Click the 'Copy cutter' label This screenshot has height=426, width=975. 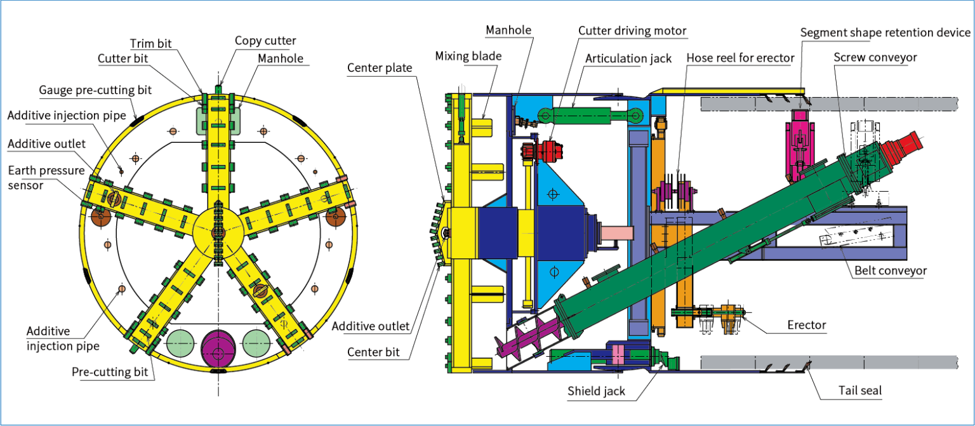(265, 41)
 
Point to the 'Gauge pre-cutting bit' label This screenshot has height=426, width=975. (95, 90)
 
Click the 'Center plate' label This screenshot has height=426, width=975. (380, 68)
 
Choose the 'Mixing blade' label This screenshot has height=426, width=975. (468, 56)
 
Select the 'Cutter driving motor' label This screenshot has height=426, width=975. (632, 30)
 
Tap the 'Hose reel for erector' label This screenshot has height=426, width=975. (740, 58)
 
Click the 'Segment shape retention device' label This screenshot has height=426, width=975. (885, 32)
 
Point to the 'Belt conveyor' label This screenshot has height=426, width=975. (890, 270)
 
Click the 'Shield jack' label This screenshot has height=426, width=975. (596, 390)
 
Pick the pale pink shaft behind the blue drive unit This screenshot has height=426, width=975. (620, 234)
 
